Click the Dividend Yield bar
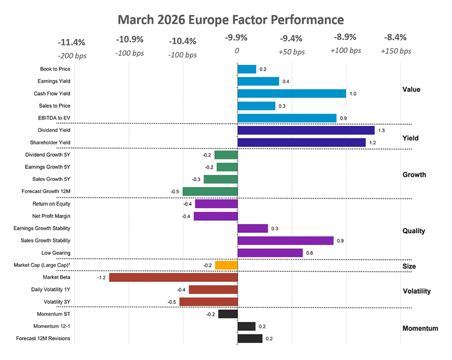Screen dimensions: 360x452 click(x=306, y=130)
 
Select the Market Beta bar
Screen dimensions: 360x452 click(x=174, y=278)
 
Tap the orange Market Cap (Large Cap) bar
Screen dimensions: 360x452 click(x=226, y=265)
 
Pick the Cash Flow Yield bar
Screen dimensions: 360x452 click(x=292, y=93)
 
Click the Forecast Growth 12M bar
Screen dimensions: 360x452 click(x=210, y=191)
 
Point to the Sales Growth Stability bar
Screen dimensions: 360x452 click(x=285, y=240)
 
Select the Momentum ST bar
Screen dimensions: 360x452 click(x=228, y=314)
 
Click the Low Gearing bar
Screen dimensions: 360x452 click(x=270, y=253)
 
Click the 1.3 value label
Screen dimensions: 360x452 click(x=382, y=130)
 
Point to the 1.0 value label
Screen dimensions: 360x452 click(x=353, y=93)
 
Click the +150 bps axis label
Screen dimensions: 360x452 click(x=396, y=51)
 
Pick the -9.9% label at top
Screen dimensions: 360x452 click(x=236, y=38)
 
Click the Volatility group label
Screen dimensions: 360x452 click(x=416, y=291)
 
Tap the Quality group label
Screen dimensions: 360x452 click(x=413, y=231)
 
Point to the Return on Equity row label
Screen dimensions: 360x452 click(x=51, y=204)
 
